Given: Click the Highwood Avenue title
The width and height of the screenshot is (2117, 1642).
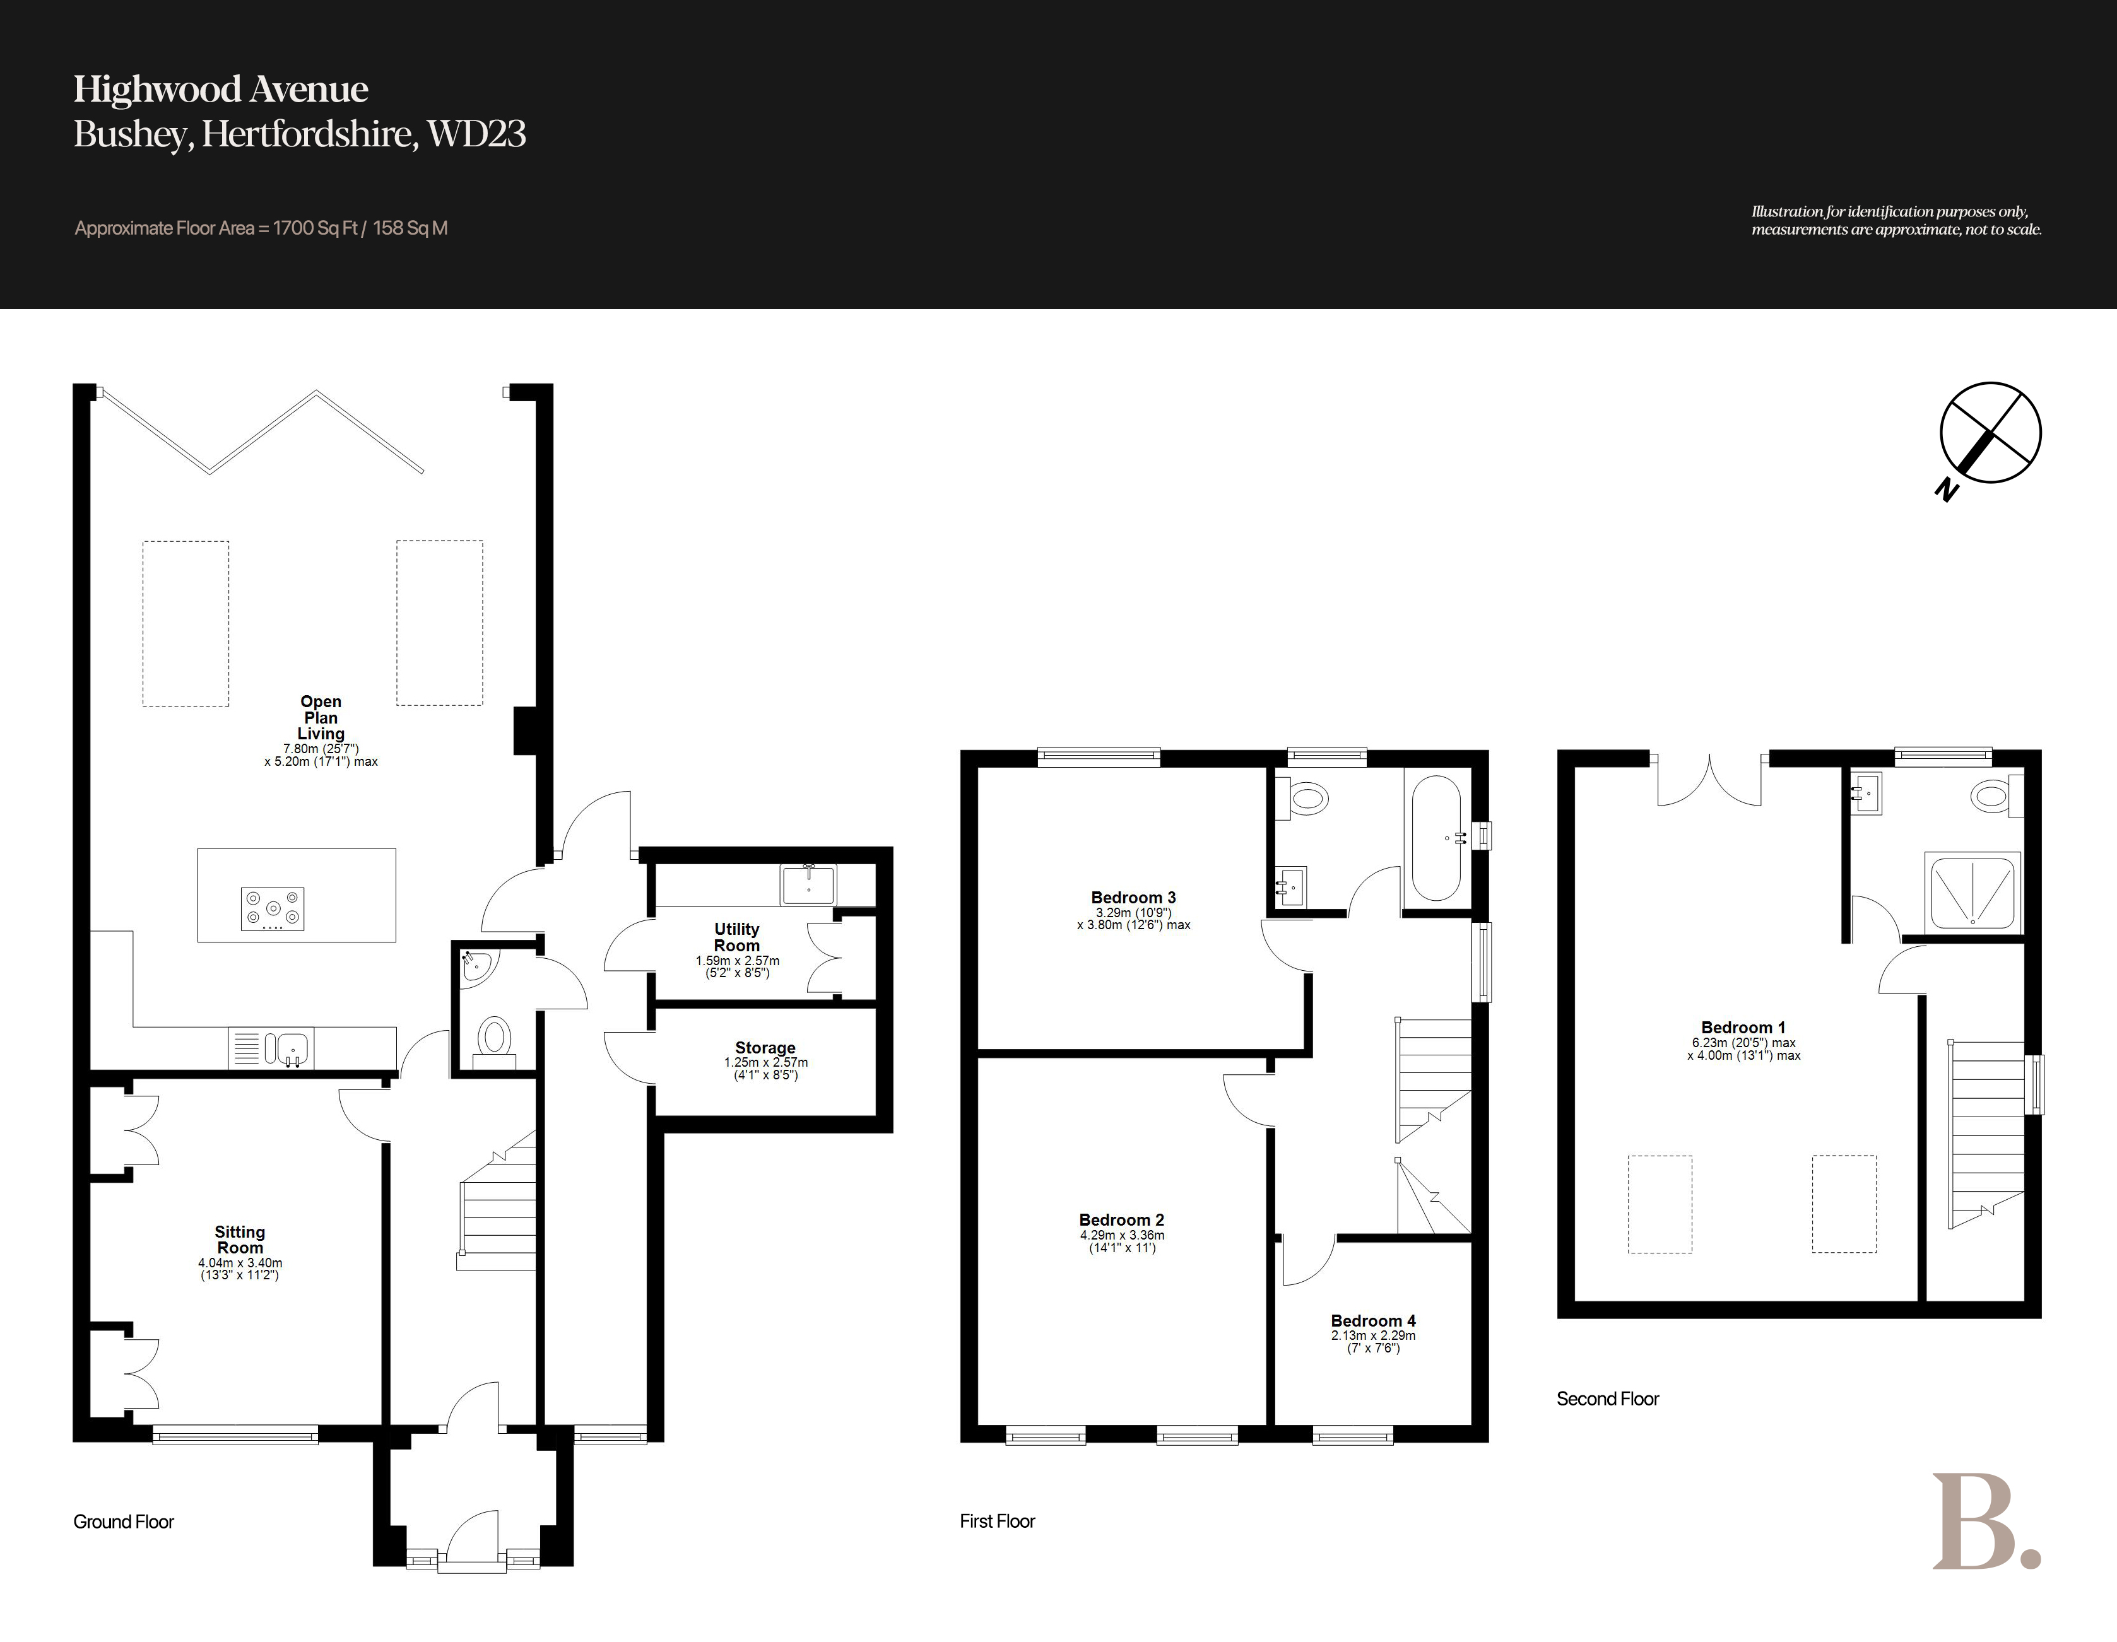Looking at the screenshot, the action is pyautogui.click(x=221, y=89).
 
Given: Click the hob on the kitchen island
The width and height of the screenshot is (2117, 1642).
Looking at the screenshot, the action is pyautogui.click(x=273, y=909).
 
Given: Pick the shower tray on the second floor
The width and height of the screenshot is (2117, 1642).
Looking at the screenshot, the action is pyautogui.click(x=1972, y=892).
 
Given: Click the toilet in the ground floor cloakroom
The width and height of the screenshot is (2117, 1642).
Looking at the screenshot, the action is pyautogui.click(x=494, y=1043).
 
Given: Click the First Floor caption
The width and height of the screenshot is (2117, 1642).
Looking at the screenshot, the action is pyautogui.click(x=998, y=1521).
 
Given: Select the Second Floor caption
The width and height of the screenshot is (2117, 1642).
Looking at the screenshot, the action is pyautogui.click(x=1607, y=1399).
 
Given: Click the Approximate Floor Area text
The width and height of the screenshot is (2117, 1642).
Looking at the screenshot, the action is pyautogui.click(x=261, y=229).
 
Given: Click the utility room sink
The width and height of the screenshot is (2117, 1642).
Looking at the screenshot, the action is pyautogui.click(x=808, y=884).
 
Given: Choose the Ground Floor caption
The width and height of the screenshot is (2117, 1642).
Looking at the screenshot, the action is pyautogui.click(x=123, y=1522).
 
